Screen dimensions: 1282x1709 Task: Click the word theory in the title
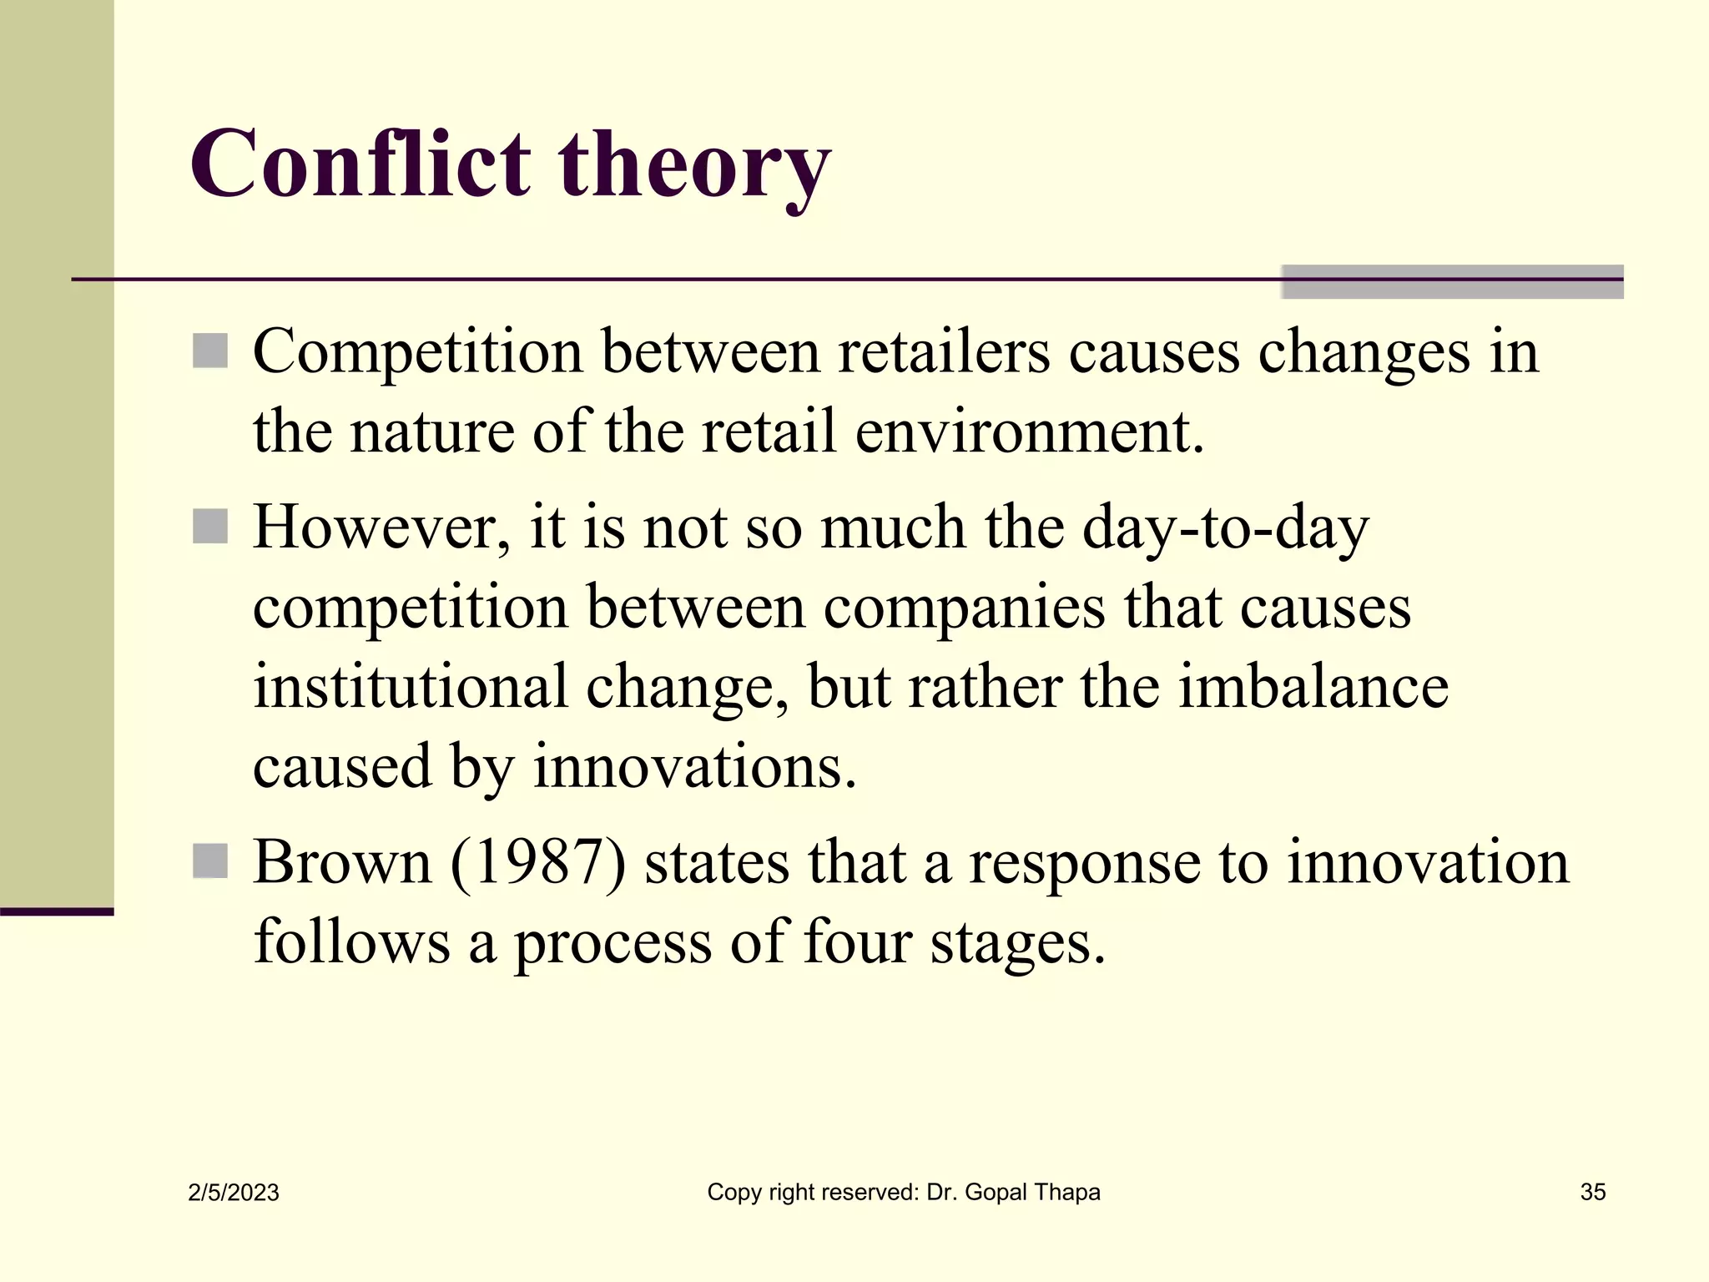[x=694, y=167]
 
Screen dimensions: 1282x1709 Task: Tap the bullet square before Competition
[x=210, y=351]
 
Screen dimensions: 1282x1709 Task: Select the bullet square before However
[x=210, y=527]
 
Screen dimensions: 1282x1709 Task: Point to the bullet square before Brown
[x=210, y=861]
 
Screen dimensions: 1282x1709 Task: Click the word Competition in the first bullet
[x=417, y=352]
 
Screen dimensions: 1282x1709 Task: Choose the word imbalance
[x=1313, y=686]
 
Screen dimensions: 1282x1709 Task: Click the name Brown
[x=342, y=861]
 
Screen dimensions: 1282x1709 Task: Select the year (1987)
[x=538, y=862]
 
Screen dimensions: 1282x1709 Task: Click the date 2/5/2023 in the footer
[x=234, y=1193]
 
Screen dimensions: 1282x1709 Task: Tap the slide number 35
[x=1593, y=1192]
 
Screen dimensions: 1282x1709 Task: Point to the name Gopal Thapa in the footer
[x=1032, y=1193]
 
